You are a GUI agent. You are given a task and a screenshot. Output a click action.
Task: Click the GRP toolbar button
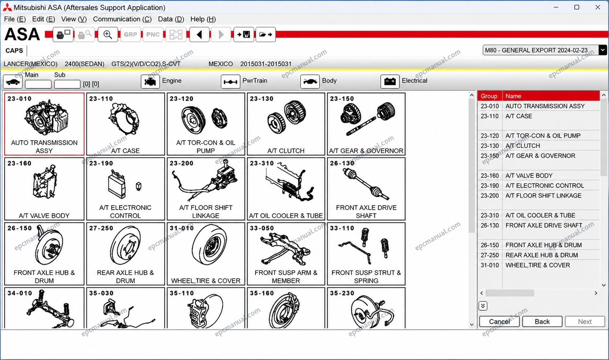tap(131, 34)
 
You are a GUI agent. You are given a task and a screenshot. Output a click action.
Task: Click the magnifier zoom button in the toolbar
tap(108, 34)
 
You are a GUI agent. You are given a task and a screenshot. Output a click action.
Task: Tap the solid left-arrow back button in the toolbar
tap(199, 34)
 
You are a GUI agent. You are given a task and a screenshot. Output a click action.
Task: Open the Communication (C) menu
tap(122, 19)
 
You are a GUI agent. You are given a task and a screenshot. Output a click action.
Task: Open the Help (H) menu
tap(203, 19)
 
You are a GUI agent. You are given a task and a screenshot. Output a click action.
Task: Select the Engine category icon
tap(150, 81)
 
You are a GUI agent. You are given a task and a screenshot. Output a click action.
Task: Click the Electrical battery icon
tap(390, 81)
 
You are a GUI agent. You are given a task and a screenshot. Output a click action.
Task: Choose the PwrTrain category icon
tap(230, 81)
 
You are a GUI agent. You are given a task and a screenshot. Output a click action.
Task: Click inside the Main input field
tap(38, 84)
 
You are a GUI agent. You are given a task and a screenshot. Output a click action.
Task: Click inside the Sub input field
tap(67, 84)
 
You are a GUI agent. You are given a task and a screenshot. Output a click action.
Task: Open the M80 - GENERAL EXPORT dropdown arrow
tap(603, 50)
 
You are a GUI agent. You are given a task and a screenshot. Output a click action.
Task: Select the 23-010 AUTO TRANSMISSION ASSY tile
tap(44, 124)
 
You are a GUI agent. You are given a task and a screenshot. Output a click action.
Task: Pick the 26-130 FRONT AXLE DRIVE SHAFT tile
tap(366, 189)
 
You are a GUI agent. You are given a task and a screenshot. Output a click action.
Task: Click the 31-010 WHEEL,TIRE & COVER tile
tap(206, 254)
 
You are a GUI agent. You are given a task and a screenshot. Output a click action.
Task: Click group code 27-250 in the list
tap(490, 255)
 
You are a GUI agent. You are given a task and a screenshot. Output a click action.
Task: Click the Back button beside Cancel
tap(542, 321)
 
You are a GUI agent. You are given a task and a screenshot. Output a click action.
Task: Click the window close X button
tap(598, 7)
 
